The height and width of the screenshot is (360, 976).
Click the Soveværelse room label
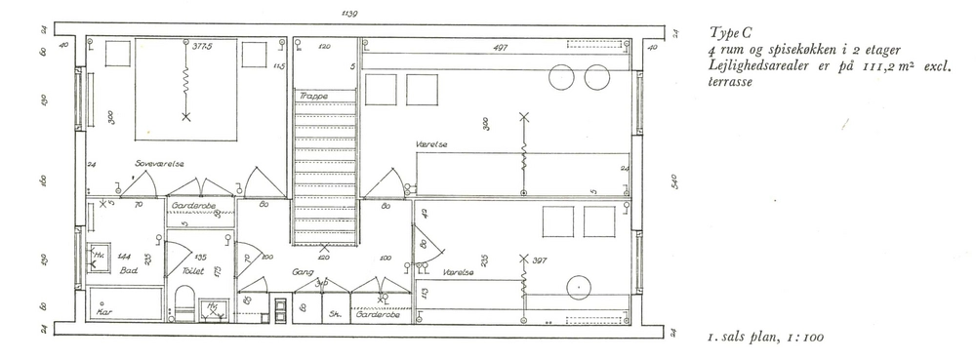pyautogui.click(x=160, y=165)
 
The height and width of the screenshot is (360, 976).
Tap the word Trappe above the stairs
pyautogui.click(x=312, y=96)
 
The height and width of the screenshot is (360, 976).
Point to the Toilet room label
pyautogui.click(x=192, y=271)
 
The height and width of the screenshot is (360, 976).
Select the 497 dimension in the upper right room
pyautogui.click(x=499, y=46)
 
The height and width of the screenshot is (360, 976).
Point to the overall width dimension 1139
pyautogui.click(x=348, y=13)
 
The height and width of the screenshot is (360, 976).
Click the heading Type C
pyautogui.click(x=733, y=33)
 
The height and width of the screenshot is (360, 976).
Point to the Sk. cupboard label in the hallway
pyautogui.click(x=334, y=314)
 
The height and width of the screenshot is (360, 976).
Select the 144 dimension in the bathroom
pyautogui.click(x=125, y=257)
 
